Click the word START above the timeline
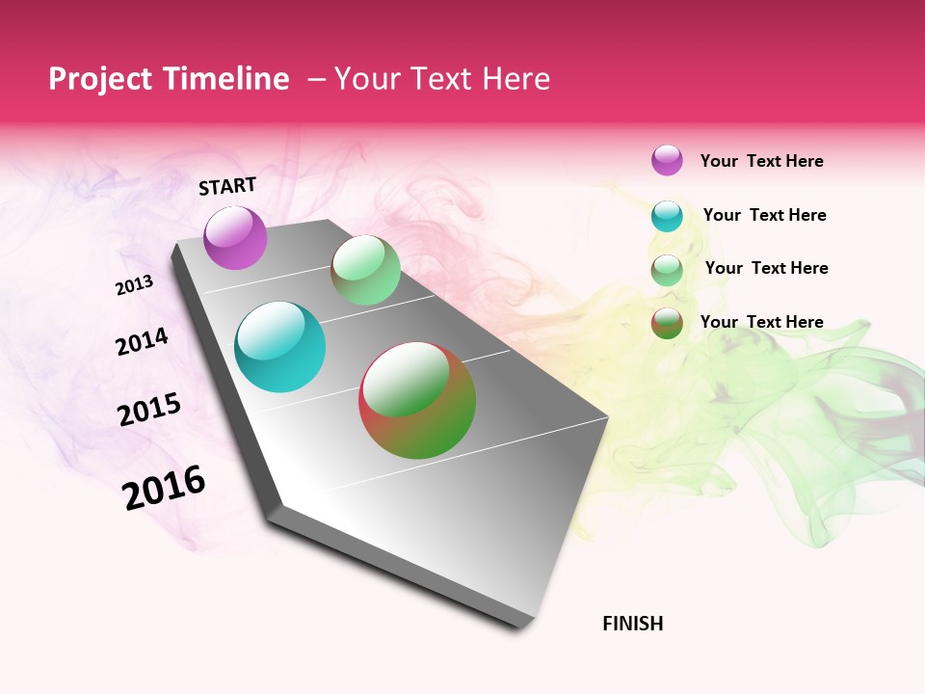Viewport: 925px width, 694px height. point(227,186)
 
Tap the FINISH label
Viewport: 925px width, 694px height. point(632,624)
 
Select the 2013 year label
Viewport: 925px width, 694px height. point(135,284)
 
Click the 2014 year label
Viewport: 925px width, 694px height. point(142,341)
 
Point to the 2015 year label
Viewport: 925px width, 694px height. point(149,409)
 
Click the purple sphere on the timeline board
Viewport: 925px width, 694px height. point(235,237)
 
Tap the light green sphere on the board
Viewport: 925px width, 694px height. point(365,270)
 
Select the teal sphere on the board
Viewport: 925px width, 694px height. point(279,347)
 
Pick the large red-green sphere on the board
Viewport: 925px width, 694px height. point(417,400)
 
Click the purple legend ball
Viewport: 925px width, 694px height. point(667,160)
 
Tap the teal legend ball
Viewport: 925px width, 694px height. point(667,216)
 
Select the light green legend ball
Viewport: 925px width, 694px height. point(667,270)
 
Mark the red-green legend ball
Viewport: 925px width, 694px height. point(667,323)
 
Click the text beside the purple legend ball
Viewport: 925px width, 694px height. point(761,161)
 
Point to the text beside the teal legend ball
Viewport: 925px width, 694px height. point(764,215)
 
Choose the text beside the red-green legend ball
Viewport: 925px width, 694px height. point(761,322)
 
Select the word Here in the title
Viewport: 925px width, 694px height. point(513,79)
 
